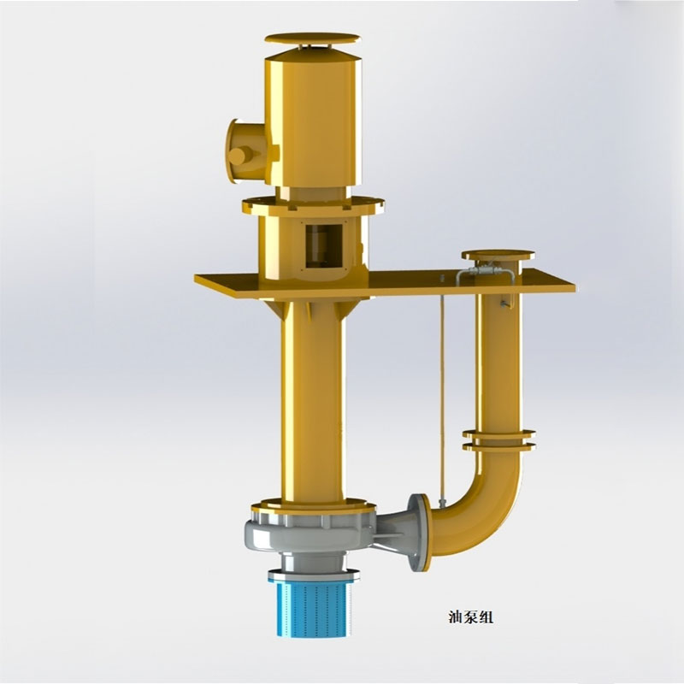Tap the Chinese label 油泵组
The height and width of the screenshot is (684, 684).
(471, 617)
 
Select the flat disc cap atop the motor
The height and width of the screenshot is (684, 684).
(313, 38)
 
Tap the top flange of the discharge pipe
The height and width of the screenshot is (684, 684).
(498, 254)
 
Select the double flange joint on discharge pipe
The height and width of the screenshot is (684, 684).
(498, 439)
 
